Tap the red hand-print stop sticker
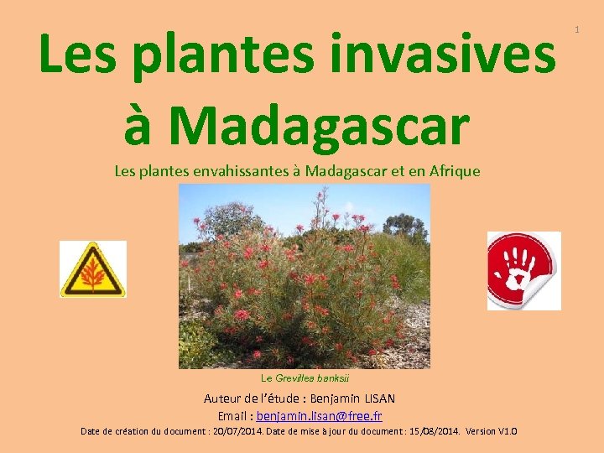click(x=523, y=270)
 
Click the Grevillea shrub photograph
click(x=304, y=276)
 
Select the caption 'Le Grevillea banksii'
click(x=304, y=379)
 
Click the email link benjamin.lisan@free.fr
click(x=319, y=416)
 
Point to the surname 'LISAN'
click(x=378, y=398)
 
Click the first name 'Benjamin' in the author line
click(x=331, y=398)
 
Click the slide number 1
click(x=576, y=30)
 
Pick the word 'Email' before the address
click(x=233, y=416)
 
